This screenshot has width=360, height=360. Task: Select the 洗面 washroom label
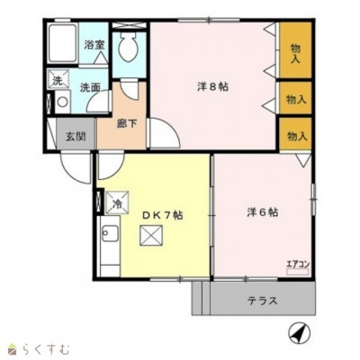click(x=88, y=88)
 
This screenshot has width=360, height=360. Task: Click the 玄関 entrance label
click(x=75, y=136)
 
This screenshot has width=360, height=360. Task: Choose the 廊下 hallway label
click(x=127, y=122)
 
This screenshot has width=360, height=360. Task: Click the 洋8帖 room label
click(x=213, y=86)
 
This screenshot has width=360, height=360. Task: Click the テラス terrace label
click(x=262, y=301)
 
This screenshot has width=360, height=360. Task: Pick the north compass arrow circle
click(x=297, y=332)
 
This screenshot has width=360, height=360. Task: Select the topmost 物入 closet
click(x=294, y=53)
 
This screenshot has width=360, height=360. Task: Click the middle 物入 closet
click(x=294, y=99)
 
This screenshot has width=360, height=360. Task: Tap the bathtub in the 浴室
click(x=62, y=43)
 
